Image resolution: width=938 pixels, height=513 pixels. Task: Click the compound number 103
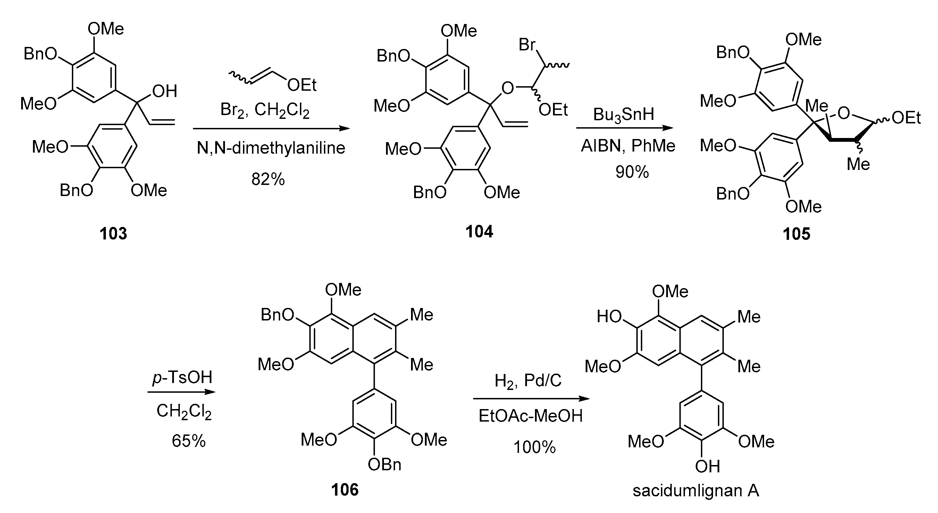pos(113,233)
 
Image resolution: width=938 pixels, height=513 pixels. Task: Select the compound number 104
pos(479,231)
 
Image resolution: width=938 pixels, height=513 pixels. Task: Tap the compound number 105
pos(796,234)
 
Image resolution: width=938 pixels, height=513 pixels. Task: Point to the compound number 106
pos(344,490)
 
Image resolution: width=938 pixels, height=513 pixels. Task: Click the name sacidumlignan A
pos(696,491)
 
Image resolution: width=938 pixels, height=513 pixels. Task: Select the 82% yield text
pos(268,179)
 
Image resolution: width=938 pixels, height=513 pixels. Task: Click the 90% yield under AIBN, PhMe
pos(632,172)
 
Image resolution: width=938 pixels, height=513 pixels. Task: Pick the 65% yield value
pos(189,441)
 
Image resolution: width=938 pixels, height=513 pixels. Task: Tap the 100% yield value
pos(535,447)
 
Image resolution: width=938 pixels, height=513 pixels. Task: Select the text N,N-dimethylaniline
pos(271,148)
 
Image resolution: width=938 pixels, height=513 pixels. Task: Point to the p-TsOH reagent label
pos(182,377)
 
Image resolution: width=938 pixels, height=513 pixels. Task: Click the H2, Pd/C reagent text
pos(528,381)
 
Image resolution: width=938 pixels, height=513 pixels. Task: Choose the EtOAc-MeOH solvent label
pos(530,416)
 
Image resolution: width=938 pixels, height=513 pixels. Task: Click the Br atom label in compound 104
pos(527,45)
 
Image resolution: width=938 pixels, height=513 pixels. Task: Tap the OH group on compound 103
pos(165,91)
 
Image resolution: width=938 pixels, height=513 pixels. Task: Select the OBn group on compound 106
pos(385,464)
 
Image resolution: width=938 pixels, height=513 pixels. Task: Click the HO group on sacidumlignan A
pos(609,317)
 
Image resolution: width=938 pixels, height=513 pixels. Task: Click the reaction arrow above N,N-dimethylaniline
pos(271,128)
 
